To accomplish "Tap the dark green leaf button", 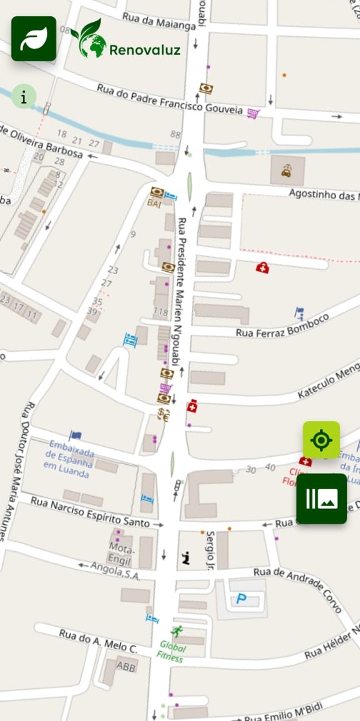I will pyautogui.click(x=34, y=39).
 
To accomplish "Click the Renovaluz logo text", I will pyautogui.click(x=144, y=50).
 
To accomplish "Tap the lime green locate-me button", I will pyautogui.click(x=321, y=440).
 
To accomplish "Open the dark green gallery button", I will pyautogui.click(x=321, y=499).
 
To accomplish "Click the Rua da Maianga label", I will pyautogui.click(x=159, y=22).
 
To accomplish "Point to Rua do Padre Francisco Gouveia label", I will pyautogui.click(x=169, y=99).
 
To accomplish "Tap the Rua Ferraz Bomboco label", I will pyautogui.click(x=282, y=326).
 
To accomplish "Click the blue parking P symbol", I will pyautogui.click(x=241, y=599).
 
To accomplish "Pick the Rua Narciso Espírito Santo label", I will pyautogui.click(x=90, y=511).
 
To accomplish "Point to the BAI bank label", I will pyautogui.click(x=154, y=203).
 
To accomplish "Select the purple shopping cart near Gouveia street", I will pyautogui.click(x=252, y=113).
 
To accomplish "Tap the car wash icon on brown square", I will pyautogui.click(x=287, y=170).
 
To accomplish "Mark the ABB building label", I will pyautogui.click(x=126, y=666).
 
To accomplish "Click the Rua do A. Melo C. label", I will pyautogui.click(x=98, y=641).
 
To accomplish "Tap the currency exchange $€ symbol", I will pyautogui.click(x=164, y=414).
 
